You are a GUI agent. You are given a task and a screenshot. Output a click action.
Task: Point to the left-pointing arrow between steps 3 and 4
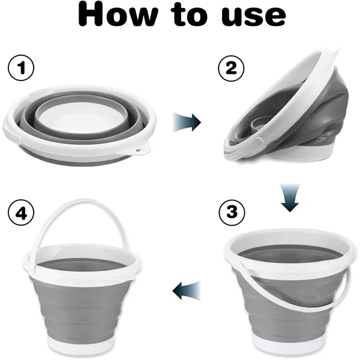tap(186, 292)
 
